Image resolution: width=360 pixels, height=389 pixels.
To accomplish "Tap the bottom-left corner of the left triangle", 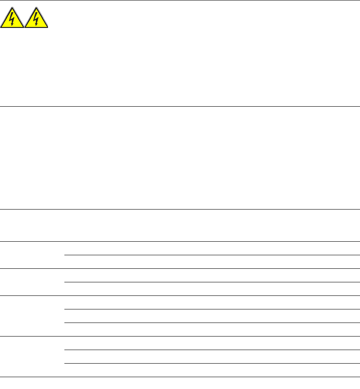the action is pyautogui.click(x=1, y=28).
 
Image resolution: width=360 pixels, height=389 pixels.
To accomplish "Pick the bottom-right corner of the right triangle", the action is pyautogui.click(x=48, y=28).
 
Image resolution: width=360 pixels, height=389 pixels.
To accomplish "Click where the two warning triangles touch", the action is pyautogui.click(x=25, y=27).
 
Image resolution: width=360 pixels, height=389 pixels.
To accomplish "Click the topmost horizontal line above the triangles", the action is pyautogui.click(x=180, y=0).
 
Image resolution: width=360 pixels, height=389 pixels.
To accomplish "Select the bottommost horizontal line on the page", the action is pyautogui.click(x=180, y=377).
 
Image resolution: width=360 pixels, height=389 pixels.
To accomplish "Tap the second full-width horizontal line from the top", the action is pyautogui.click(x=180, y=106).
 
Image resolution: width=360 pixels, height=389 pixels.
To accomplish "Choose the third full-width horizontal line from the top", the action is pyautogui.click(x=180, y=209).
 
